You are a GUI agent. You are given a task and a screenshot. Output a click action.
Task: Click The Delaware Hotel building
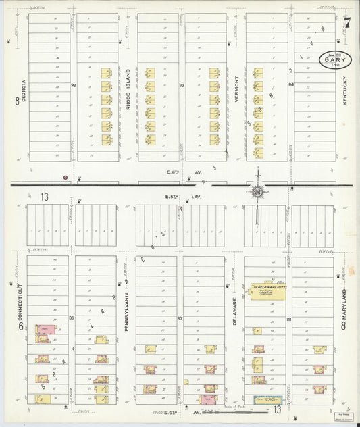pos(267,291)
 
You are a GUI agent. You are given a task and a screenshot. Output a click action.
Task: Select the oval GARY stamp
pos(336,59)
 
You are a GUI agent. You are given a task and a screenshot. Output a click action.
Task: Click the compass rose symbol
pos(257,192)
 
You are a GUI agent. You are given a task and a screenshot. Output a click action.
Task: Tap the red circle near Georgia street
pos(65,177)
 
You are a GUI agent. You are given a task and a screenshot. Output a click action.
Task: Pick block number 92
pos(74,86)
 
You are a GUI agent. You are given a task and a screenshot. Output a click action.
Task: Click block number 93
pos(182,86)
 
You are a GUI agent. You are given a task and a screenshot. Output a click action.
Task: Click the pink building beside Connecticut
pos(45,329)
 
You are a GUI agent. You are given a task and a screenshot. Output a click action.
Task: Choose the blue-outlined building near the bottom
pos(267,400)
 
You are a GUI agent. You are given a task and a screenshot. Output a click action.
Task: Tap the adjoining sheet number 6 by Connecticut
pos(20,326)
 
